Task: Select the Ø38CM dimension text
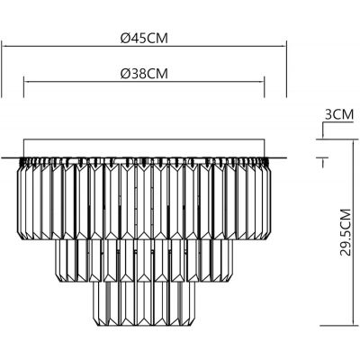[145, 72]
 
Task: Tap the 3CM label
[337, 114]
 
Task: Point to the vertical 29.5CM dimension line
[321, 243]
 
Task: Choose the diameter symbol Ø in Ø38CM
[124, 72]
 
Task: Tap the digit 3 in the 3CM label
[326, 114]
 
